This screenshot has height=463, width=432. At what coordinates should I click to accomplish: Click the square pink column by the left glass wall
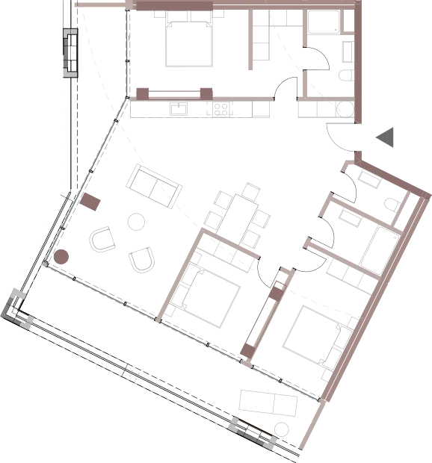[92, 201]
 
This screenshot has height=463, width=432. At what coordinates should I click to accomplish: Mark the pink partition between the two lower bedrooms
[263, 314]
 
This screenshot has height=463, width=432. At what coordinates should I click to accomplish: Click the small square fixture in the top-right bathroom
[343, 75]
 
